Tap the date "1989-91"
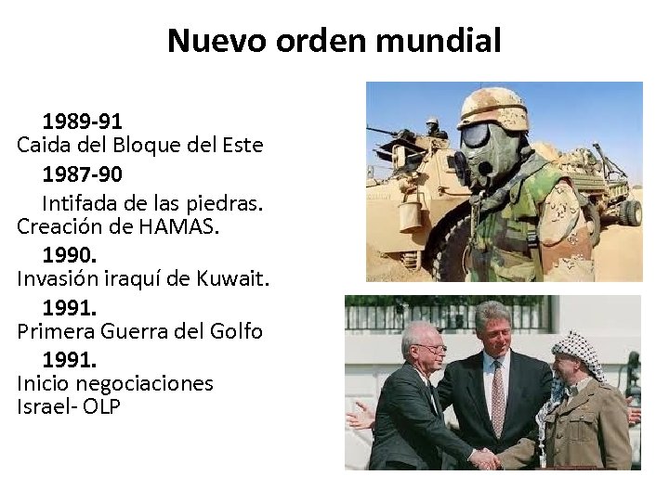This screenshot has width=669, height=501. (83, 121)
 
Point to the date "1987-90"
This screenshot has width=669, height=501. (83, 173)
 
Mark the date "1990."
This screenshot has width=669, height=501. (71, 252)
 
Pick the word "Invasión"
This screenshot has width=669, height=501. (58, 278)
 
